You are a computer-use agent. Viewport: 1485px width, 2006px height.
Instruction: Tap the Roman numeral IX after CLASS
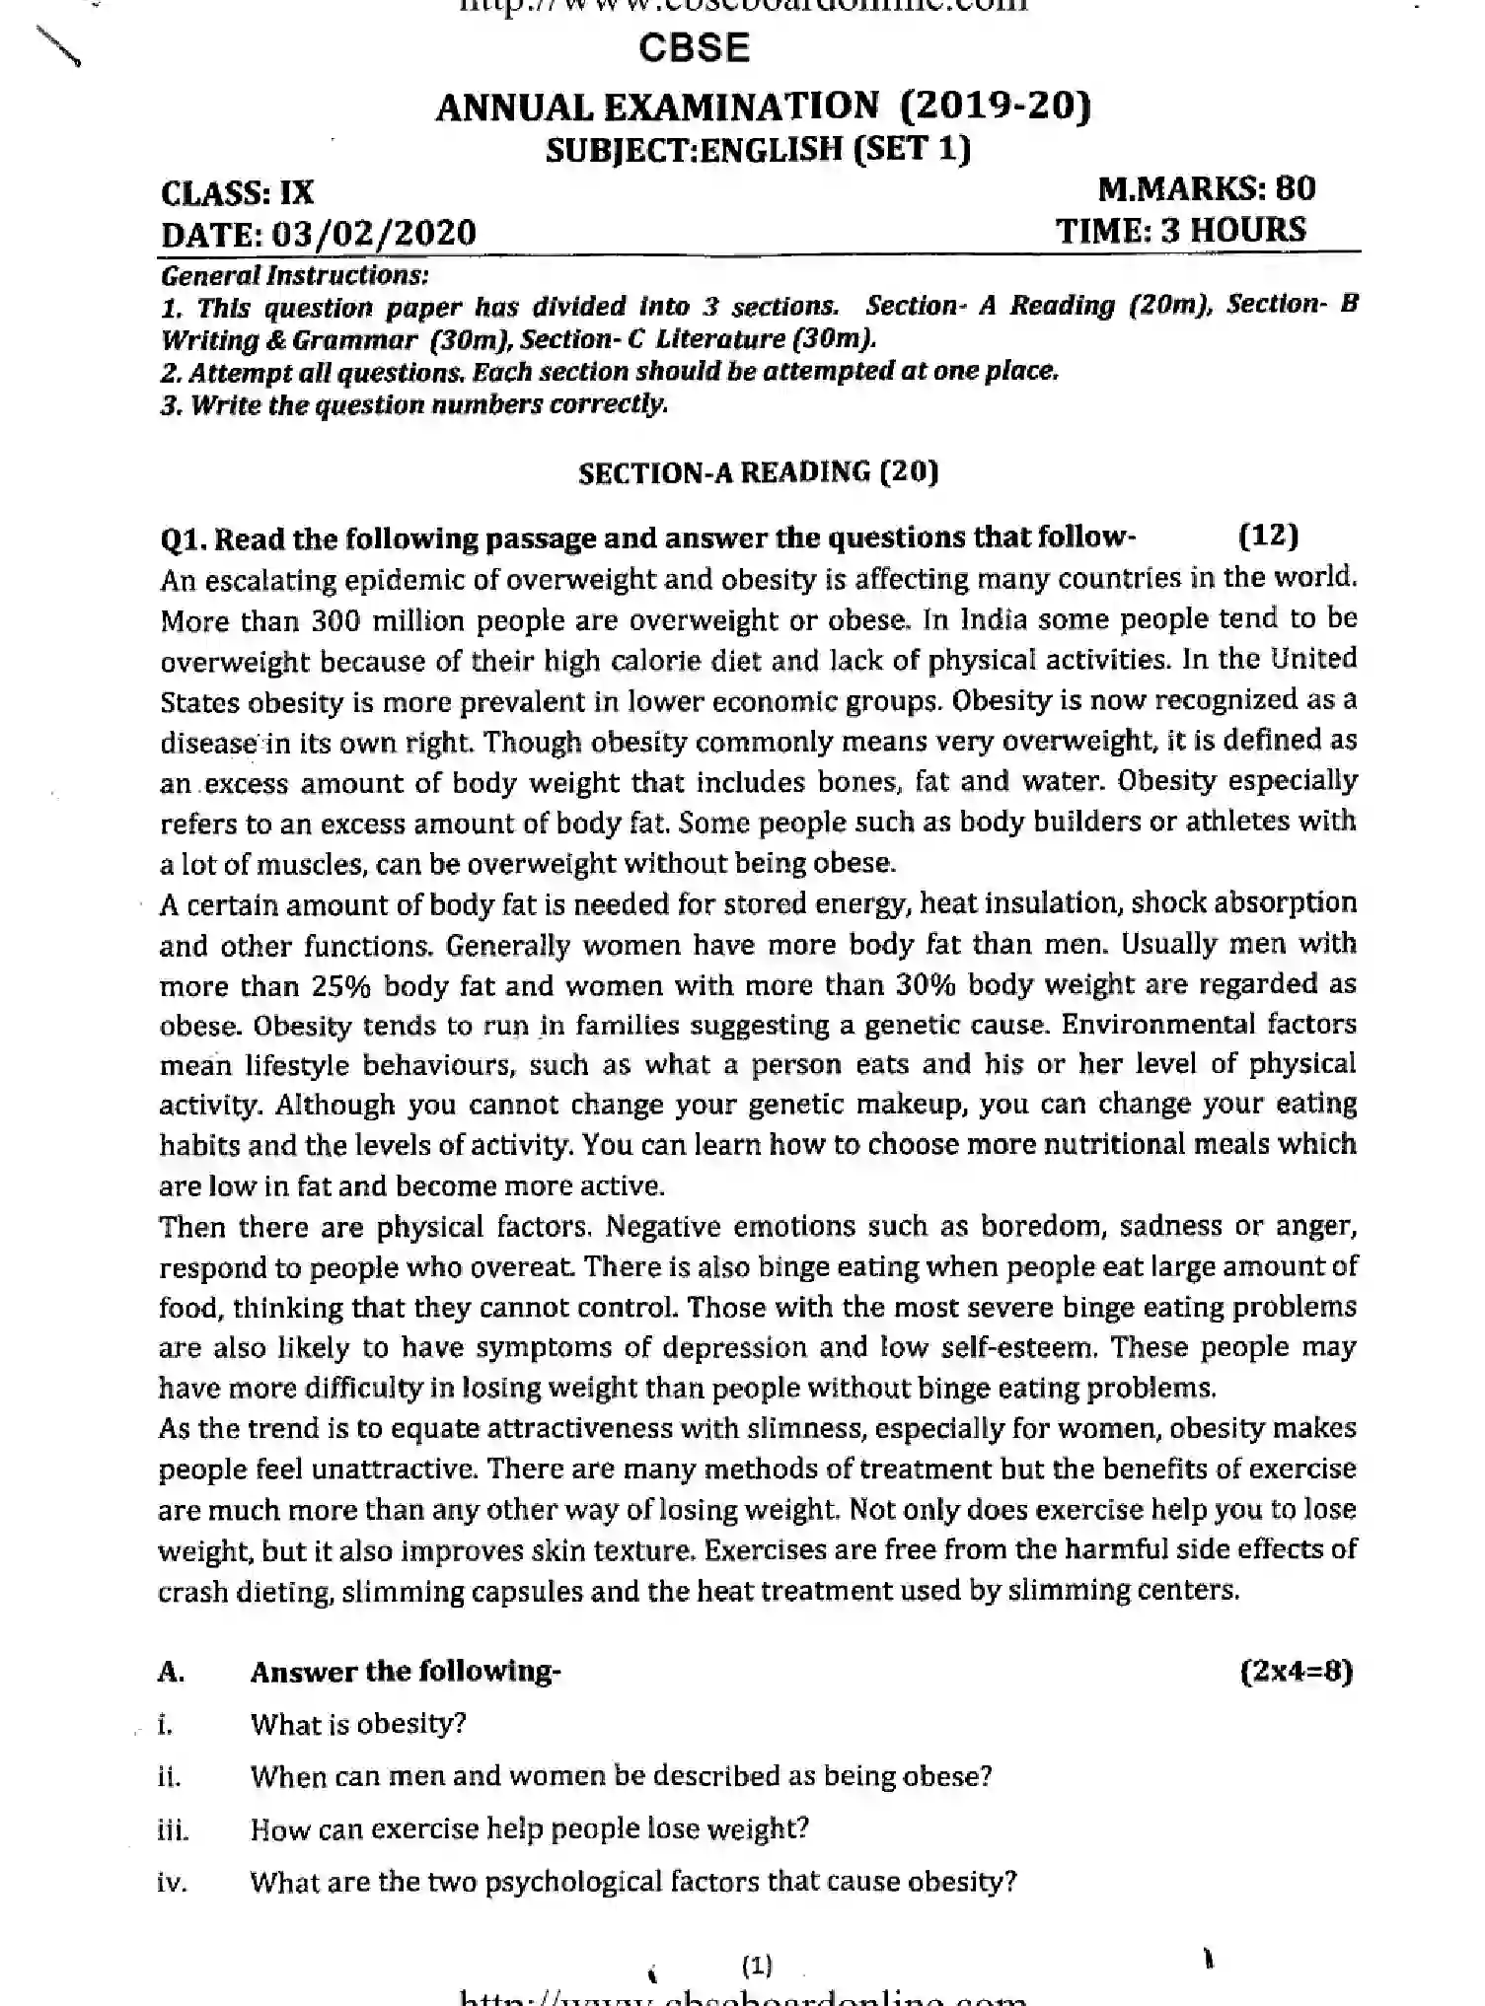(x=296, y=192)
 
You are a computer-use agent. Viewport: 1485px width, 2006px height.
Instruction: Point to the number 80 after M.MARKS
(x=1295, y=188)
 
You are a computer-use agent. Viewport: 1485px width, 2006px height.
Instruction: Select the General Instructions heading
(x=294, y=275)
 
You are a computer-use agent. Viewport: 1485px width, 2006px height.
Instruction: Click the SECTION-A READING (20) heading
(x=758, y=472)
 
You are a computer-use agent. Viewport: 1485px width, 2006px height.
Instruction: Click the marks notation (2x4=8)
(x=1296, y=1671)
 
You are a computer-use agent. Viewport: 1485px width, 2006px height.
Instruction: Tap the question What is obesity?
(x=357, y=1724)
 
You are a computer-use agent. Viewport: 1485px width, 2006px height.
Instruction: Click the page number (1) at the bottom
(x=757, y=1966)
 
